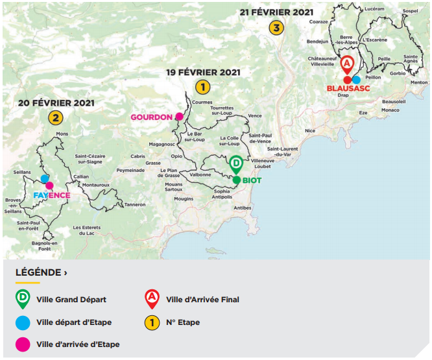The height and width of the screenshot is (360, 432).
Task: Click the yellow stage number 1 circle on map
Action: (202, 86)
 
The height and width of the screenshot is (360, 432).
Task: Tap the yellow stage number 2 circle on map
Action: (55, 117)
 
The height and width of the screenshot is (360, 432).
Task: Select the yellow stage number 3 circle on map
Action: (277, 28)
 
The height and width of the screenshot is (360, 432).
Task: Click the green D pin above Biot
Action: (237, 164)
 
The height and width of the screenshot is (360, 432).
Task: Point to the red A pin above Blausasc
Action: (348, 64)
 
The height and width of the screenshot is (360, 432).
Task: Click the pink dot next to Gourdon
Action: (179, 117)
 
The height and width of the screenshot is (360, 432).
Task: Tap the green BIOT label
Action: (252, 180)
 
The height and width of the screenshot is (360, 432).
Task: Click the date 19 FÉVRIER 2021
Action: (203, 72)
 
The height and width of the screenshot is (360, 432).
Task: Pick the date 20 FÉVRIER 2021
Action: (56, 103)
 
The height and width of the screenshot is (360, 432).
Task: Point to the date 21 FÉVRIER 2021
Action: (277, 12)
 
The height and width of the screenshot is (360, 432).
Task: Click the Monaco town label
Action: (390, 110)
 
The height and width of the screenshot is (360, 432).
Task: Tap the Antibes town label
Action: (242, 208)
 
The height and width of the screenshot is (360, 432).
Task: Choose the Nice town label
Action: (310, 130)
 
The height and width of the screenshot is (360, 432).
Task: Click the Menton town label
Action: (420, 82)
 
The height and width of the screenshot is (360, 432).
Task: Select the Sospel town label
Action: (410, 11)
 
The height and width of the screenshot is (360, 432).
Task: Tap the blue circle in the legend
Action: (23, 322)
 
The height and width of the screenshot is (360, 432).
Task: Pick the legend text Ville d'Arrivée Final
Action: (202, 300)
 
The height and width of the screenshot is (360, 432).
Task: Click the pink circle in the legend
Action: (23, 344)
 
